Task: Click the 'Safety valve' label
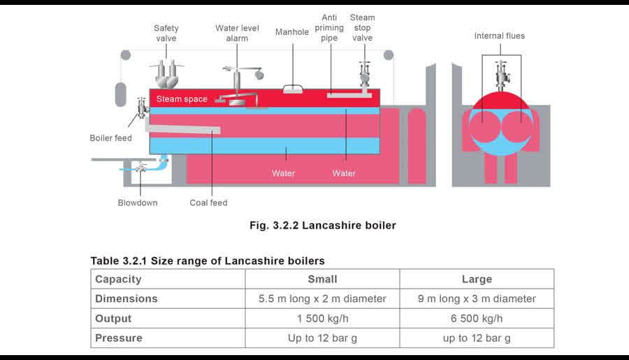pyautogui.click(x=166, y=34)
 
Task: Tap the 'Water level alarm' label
pyautogui.click(x=237, y=34)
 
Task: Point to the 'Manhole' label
pyautogui.click(x=292, y=32)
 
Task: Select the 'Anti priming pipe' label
pyautogui.click(x=329, y=28)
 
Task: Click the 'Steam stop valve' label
pyautogui.click(x=362, y=28)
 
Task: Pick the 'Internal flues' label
pyautogui.click(x=500, y=36)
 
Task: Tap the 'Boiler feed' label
pyautogui.click(x=110, y=138)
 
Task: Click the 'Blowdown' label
pyautogui.click(x=138, y=203)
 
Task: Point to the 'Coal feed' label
pyautogui.click(x=208, y=203)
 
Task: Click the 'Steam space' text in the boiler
pyautogui.click(x=182, y=99)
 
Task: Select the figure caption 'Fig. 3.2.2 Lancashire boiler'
pyautogui.click(x=322, y=225)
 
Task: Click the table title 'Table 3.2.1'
pyautogui.click(x=118, y=261)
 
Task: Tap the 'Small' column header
pyautogui.click(x=322, y=279)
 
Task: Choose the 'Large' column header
pyautogui.click(x=477, y=279)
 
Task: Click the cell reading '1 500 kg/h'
pyautogui.click(x=322, y=319)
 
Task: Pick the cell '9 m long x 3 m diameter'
pyautogui.click(x=477, y=298)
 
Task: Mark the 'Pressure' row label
pyautogui.click(x=119, y=338)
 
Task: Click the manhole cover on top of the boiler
pyautogui.click(x=293, y=89)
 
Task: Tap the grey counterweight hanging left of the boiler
pyautogui.click(x=121, y=94)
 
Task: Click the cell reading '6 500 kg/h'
pyautogui.click(x=477, y=319)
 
